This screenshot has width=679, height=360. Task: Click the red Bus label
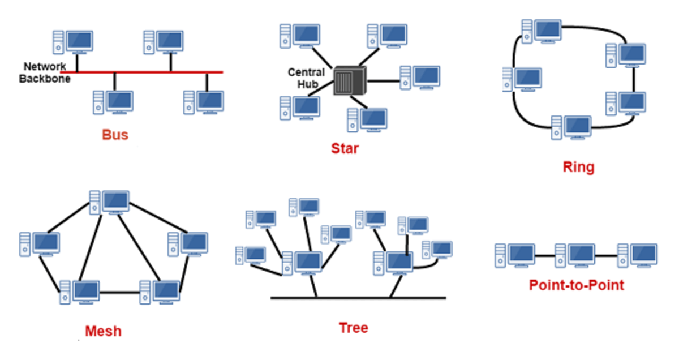click(115, 135)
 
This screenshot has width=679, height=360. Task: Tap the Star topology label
click(345, 149)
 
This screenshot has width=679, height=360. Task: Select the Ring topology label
click(578, 167)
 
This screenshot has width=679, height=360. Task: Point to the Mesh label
click(103, 331)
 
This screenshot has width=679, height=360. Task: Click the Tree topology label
click(353, 328)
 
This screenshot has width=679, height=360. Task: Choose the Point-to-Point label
click(576, 285)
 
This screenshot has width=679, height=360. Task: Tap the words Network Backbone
click(45, 72)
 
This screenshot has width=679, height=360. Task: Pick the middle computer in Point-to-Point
click(575, 255)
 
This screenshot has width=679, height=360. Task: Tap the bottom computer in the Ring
click(571, 127)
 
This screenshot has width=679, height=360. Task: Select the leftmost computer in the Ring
click(521, 80)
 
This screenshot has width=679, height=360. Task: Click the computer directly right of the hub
click(419, 78)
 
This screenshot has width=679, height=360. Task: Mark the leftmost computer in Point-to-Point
click(514, 255)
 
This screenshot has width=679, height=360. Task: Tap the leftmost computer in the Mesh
click(39, 244)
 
